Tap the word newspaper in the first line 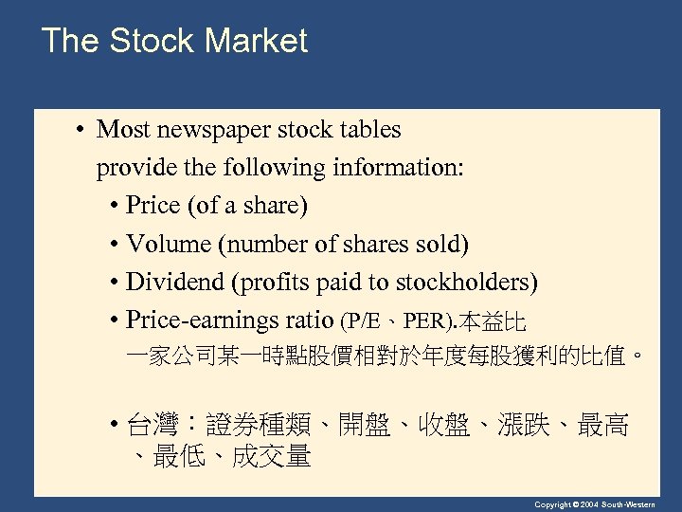(217, 130)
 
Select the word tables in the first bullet (368, 130)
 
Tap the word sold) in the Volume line (443, 244)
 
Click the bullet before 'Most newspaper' (83, 130)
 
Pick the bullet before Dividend (114, 282)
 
